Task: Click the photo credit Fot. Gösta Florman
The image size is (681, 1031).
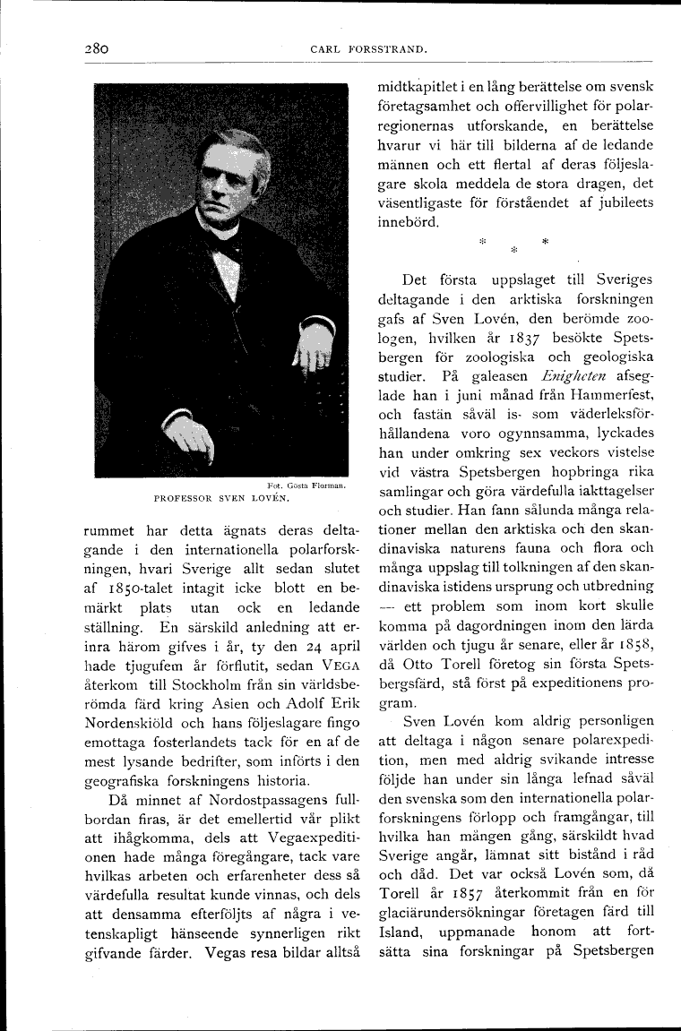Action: (x=307, y=485)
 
